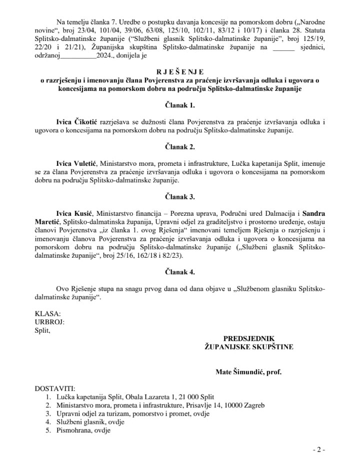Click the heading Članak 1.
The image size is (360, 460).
click(x=180, y=105)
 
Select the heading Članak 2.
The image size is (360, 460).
click(x=180, y=147)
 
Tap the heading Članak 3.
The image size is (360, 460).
click(x=180, y=197)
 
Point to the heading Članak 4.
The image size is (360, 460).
click(x=180, y=272)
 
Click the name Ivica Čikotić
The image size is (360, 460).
click(x=78, y=122)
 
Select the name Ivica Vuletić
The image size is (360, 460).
click(x=78, y=163)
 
